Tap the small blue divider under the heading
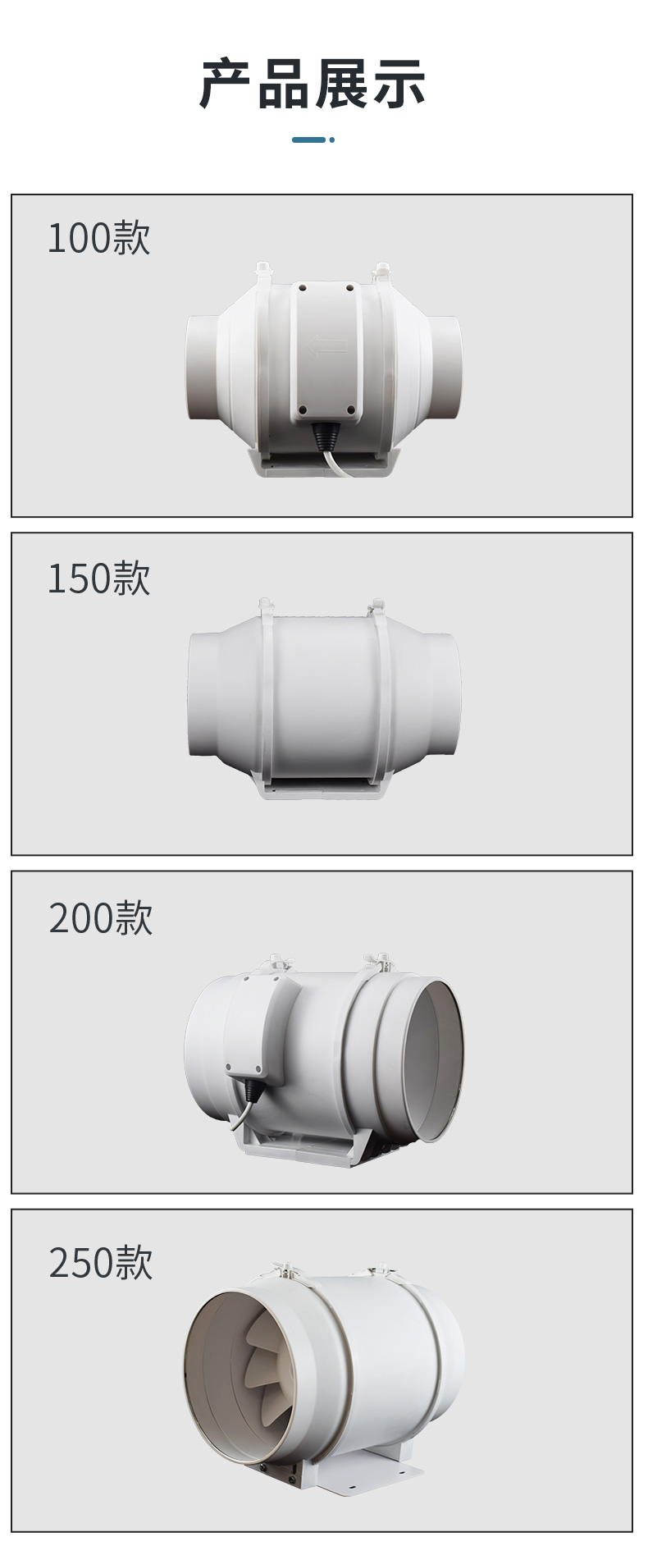[313, 140]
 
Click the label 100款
[99, 238]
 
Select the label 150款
[99, 578]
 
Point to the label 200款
[101, 917]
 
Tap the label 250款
[101, 1262]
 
